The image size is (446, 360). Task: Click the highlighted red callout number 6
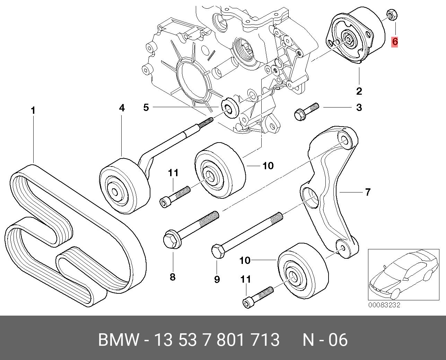(394, 42)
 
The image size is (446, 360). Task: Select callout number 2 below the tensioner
(359, 91)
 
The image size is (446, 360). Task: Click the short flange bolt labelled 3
(305, 112)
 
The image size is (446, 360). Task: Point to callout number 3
(359, 108)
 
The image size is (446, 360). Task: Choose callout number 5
(146, 108)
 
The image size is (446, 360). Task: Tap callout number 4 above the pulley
(122, 108)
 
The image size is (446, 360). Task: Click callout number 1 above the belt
(33, 111)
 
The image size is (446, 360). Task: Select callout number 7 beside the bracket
(368, 191)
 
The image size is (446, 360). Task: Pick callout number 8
(173, 277)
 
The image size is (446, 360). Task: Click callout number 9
(217, 279)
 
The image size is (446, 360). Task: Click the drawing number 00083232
(384, 305)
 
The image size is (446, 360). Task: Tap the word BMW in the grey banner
(119, 340)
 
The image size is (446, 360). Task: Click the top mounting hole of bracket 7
(344, 140)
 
